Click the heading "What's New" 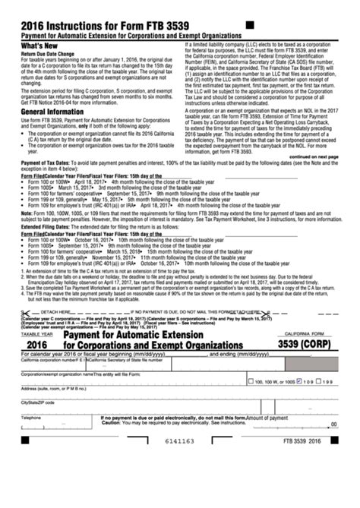coord(39,46)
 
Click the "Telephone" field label coord(31,418)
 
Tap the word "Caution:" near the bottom coord(112,423)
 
